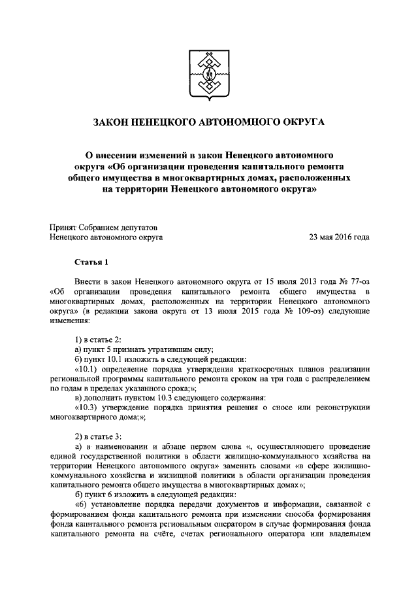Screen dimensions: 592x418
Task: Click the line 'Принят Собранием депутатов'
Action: [102, 226]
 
